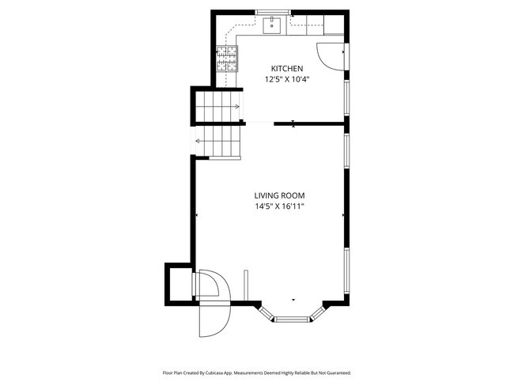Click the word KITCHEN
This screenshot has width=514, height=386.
(x=286, y=69)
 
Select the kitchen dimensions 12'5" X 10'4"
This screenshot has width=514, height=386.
(x=286, y=79)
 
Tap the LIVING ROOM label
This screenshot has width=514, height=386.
(x=279, y=195)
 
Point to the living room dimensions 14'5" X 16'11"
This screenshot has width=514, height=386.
(x=279, y=206)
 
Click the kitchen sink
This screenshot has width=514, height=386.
(x=274, y=24)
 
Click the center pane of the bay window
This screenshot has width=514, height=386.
(x=293, y=318)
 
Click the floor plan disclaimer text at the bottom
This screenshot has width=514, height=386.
(x=256, y=372)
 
